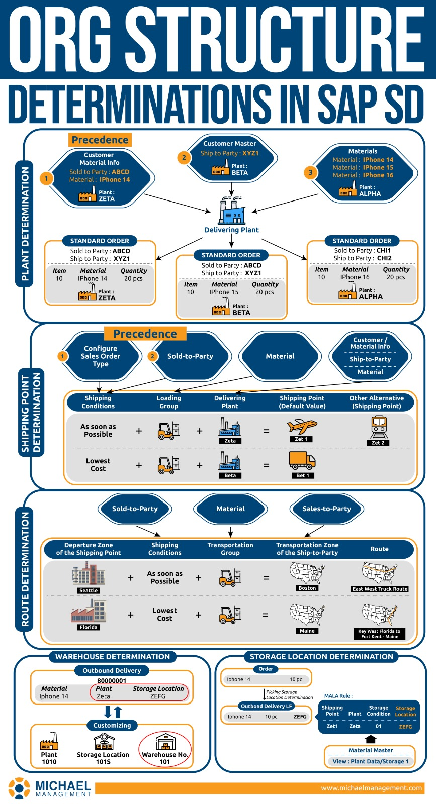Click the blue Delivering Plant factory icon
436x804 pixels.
coord(231,210)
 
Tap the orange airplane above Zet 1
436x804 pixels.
coord(302,427)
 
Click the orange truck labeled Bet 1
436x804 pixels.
coord(302,460)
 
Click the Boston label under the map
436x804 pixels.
coord(307,588)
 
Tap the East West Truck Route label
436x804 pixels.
coord(380,589)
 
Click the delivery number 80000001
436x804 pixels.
coord(112,681)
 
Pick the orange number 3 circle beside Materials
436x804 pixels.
coord(310,172)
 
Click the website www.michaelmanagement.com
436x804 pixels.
coord(372,788)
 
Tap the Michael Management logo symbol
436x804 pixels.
coord(19,788)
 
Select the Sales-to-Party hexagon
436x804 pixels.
coord(326,509)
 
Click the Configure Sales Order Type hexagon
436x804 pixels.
coord(100,356)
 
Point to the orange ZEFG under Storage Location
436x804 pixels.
coord(405,727)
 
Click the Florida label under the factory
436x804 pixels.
coord(89,627)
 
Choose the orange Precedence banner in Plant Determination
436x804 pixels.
coord(100,140)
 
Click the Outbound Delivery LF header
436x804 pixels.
coord(266,706)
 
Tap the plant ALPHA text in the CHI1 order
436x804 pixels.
coord(371,296)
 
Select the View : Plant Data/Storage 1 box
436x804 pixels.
coord(371,761)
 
